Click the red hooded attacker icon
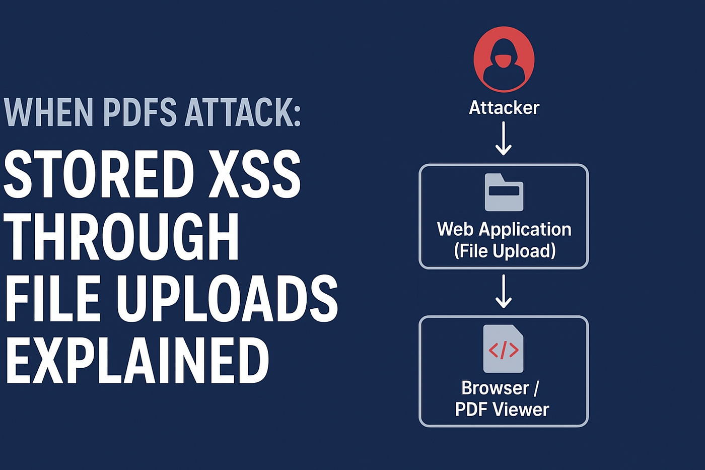[504, 59]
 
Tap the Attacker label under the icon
[504, 107]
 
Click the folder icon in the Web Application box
[504, 192]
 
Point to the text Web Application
[504, 229]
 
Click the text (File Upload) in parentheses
[505, 251]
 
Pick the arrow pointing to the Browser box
[504, 291]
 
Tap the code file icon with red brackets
[503, 349]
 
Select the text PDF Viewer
[502, 410]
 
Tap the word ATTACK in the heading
[237, 112]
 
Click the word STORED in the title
[99, 174]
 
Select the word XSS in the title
[254, 174]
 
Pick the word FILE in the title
[53, 298]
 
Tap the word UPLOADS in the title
[227, 298]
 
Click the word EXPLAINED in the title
[137, 361]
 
